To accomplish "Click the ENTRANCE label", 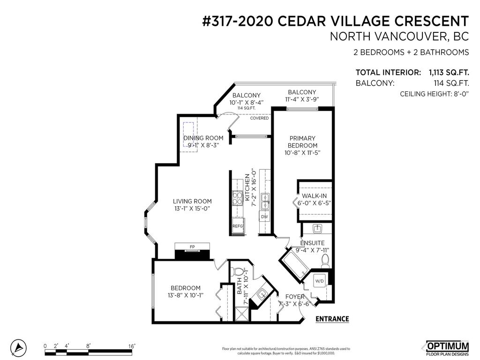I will (x=332, y=319).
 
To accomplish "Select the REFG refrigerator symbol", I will (x=238, y=226).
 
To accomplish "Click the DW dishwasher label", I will (x=264, y=217).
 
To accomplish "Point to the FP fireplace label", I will (x=192, y=247).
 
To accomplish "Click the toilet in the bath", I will (x=238, y=272).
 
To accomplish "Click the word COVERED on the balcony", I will (x=259, y=118).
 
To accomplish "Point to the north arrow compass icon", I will (x=18, y=347).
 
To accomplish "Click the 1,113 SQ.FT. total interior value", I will (x=449, y=72).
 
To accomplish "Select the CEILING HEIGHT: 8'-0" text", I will (x=434, y=94).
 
